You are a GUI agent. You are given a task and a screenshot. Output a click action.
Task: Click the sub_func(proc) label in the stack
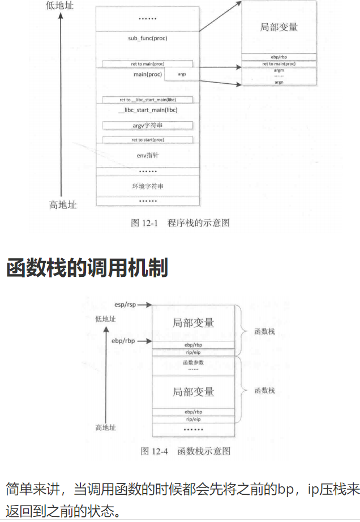pyautogui.click(x=148, y=38)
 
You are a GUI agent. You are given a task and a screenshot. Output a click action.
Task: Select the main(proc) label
pyautogui.click(x=148, y=74)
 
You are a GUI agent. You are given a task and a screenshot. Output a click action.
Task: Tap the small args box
pyautogui.click(x=182, y=74)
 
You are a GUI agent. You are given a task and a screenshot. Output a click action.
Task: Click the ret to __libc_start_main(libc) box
pyautogui.click(x=148, y=100)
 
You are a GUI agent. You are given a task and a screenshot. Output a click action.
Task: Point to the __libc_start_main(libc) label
pyautogui.click(x=148, y=110)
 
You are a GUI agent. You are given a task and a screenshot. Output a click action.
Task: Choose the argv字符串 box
pyautogui.click(x=148, y=125)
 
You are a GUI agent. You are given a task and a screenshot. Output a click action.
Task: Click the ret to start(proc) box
pyautogui.click(x=148, y=139)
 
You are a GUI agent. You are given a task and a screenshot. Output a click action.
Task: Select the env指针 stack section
pyautogui.click(x=148, y=155)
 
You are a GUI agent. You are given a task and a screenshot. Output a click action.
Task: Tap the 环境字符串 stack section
pyautogui.click(x=148, y=186)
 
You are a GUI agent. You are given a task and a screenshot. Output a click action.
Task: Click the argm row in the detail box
pyautogui.click(x=278, y=70)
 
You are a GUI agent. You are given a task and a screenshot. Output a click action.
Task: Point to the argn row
pyautogui.click(x=278, y=82)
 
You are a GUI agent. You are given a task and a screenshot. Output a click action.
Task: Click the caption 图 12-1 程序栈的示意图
pyautogui.click(x=180, y=223)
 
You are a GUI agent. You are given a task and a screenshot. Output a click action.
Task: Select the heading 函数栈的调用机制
pyautogui.click(x=87, y=267)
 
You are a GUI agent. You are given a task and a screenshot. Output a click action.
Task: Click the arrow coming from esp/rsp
pyautogui.click(x=144, y=305)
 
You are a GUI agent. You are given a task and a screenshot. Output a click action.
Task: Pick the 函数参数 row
pyautogui.click(x=194, y=362)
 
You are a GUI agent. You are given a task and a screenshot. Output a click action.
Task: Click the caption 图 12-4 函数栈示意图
pyautogui.click(x=185, y=451)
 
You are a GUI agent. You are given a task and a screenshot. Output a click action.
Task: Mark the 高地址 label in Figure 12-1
pyautogui.click(x=62, y=205)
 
